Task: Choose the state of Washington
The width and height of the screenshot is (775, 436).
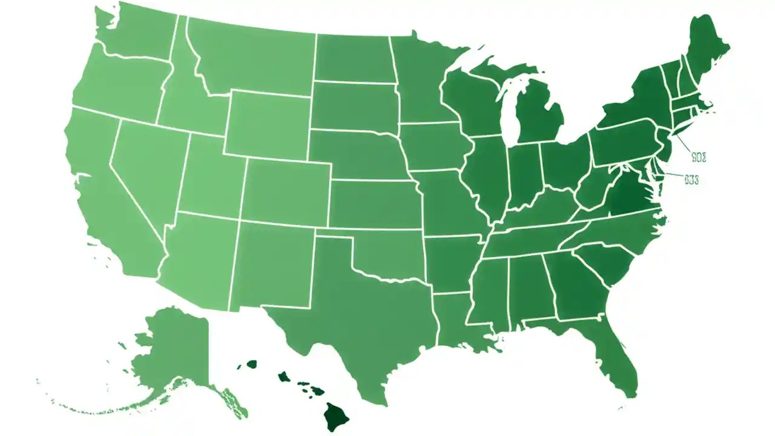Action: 136,33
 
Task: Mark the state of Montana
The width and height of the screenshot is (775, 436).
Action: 254,58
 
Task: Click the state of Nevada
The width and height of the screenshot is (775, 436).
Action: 145,170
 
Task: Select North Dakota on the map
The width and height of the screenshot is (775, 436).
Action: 354,58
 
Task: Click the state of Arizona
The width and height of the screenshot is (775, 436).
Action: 197,260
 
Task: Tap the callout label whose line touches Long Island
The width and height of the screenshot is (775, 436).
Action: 699,157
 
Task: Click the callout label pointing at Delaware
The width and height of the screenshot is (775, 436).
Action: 692,180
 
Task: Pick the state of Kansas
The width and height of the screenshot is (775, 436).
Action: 375,203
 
